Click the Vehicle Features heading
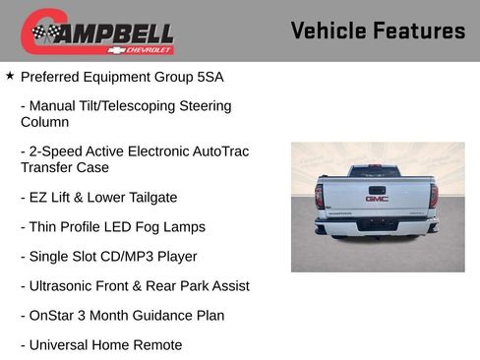click(x=378, y=31)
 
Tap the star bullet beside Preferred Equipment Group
click(x=10, y=75)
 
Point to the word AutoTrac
click(x=219, y=152)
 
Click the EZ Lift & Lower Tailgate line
click(x=98, y=198)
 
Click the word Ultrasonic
click(x=62, y=286)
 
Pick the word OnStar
click(x=54, y=316)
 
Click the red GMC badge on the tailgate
click(x=377, y=198)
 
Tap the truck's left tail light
click(x=320, y=195)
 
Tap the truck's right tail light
click(x=434, y=195)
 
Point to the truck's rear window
click(x=376, y=171)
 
